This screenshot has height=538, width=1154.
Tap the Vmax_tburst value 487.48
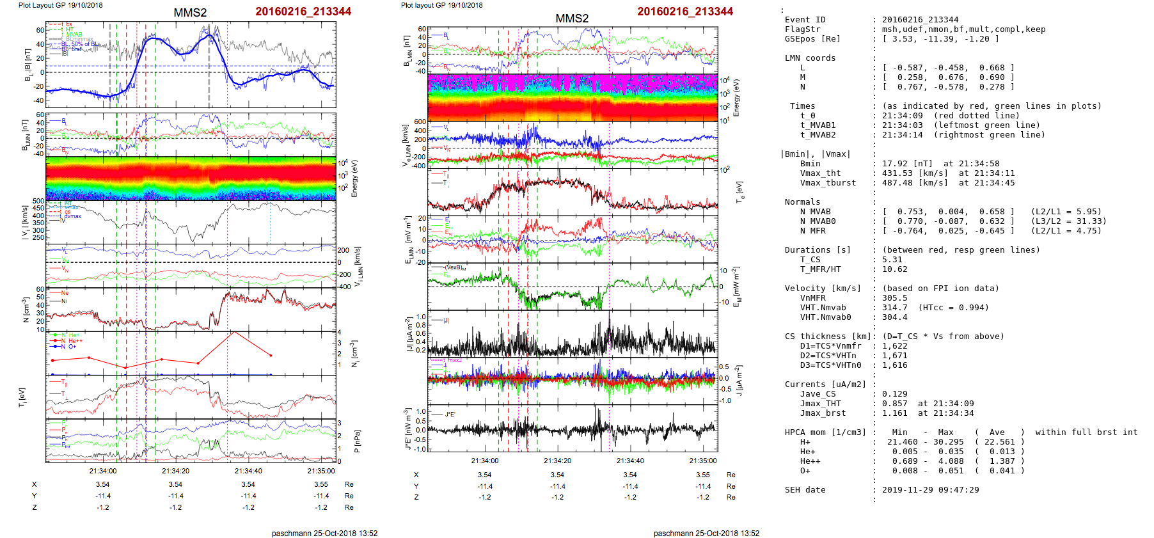point(899,183)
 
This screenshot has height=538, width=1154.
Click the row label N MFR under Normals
point(812,231)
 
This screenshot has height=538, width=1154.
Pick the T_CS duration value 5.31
point(892,260)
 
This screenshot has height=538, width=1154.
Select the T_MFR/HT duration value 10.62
point(894,269)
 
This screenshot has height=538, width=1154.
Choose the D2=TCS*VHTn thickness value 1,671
point(894,356)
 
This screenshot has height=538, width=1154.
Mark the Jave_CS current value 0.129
point(894,394)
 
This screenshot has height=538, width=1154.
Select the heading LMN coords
point(810,58)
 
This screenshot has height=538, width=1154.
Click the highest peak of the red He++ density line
point(235,332)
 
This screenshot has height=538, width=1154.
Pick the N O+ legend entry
point(68,347)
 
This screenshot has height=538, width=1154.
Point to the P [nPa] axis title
point(357,441)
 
